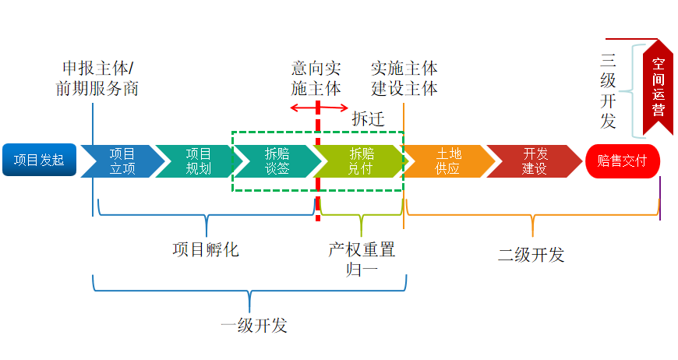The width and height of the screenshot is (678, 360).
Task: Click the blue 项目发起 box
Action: click(x=39, y=161)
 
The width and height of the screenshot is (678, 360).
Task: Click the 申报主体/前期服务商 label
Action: click(x=97, y=78)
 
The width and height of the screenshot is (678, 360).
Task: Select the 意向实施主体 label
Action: click(x=316, y=78)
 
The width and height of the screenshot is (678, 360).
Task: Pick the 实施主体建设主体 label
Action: click(x=404, y=78)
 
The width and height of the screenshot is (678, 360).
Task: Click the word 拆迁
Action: click(x=368, y=118)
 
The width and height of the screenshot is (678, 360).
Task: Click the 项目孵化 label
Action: click(x=205, y=250)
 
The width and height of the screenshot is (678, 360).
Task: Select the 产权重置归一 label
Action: click(x=362, y=259)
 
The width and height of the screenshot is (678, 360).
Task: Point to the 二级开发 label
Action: click(x=531, y=255)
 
